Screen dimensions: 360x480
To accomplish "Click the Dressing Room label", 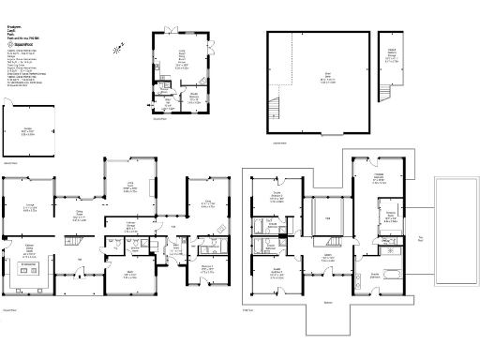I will point(388,214).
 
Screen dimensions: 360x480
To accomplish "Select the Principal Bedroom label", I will point(380,179).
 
